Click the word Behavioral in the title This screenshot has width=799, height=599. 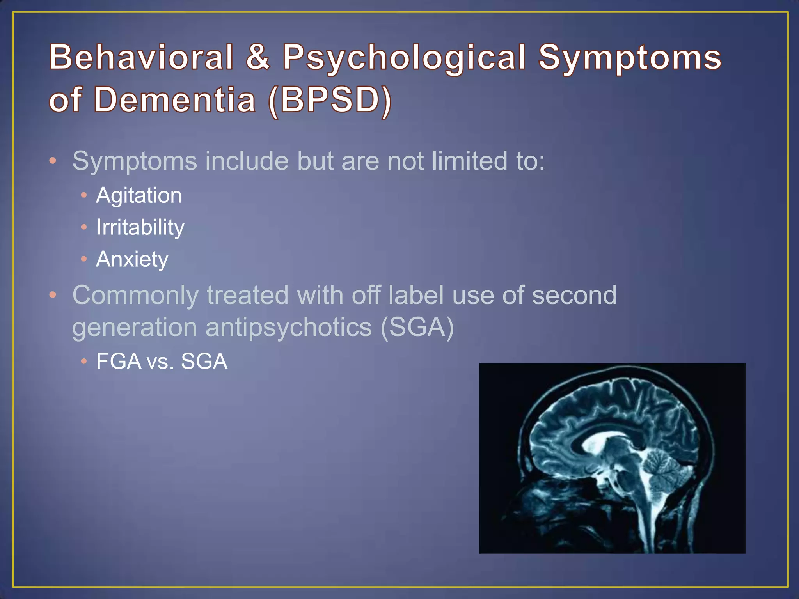click(141, 57)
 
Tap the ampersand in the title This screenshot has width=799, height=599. click(258, 57)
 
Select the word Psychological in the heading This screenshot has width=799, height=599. click(404, 58)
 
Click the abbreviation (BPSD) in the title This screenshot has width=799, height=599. click(330, 100)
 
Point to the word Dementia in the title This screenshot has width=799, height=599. click(175, 99)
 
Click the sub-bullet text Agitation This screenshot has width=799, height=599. click(139, 195)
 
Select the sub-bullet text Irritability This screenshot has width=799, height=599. click(140, 227)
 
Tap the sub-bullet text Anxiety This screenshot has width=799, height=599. click(132, 259)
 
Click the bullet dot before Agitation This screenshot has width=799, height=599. click(84, 195)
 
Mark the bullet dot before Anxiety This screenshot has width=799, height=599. click(84, 259)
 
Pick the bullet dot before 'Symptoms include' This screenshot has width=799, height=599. click(53, 160)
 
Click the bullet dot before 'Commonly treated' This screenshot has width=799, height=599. click(53, 295)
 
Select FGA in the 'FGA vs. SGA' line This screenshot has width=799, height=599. click(119, 361)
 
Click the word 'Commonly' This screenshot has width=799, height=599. click(135, 296)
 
